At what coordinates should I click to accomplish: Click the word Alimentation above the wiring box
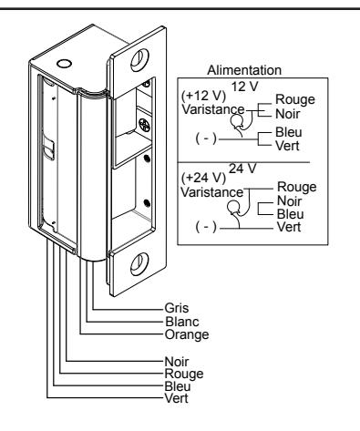coord(244,70)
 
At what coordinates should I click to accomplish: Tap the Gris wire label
coord(177,308)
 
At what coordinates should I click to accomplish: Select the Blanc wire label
coord(182,322)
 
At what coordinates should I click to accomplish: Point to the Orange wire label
coord(187,335)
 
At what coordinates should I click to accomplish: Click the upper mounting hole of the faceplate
coord(139,60)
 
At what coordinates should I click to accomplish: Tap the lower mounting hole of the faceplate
coord(139,264)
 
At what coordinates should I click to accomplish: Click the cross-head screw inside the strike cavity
coord(145,125)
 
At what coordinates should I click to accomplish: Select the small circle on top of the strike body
coord(64,64)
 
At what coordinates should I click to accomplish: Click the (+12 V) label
coord(203,96)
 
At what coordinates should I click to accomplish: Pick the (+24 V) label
coord(203,178)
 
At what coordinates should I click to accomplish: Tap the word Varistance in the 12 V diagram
coord(212,109)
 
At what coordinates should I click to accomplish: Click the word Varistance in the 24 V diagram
coord(212,192)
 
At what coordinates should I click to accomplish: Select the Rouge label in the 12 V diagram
coord(295,100)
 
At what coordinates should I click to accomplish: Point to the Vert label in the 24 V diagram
coord(289,227)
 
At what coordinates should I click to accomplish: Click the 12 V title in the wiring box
coord(244,87)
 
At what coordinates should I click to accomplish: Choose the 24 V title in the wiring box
coord(242,169)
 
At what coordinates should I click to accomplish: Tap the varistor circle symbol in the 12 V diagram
coord(237,122)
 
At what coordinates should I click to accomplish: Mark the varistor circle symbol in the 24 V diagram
coord(233,208)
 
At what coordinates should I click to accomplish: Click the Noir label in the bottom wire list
coord(176,362)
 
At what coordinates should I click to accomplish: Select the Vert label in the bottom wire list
coord(176,398)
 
